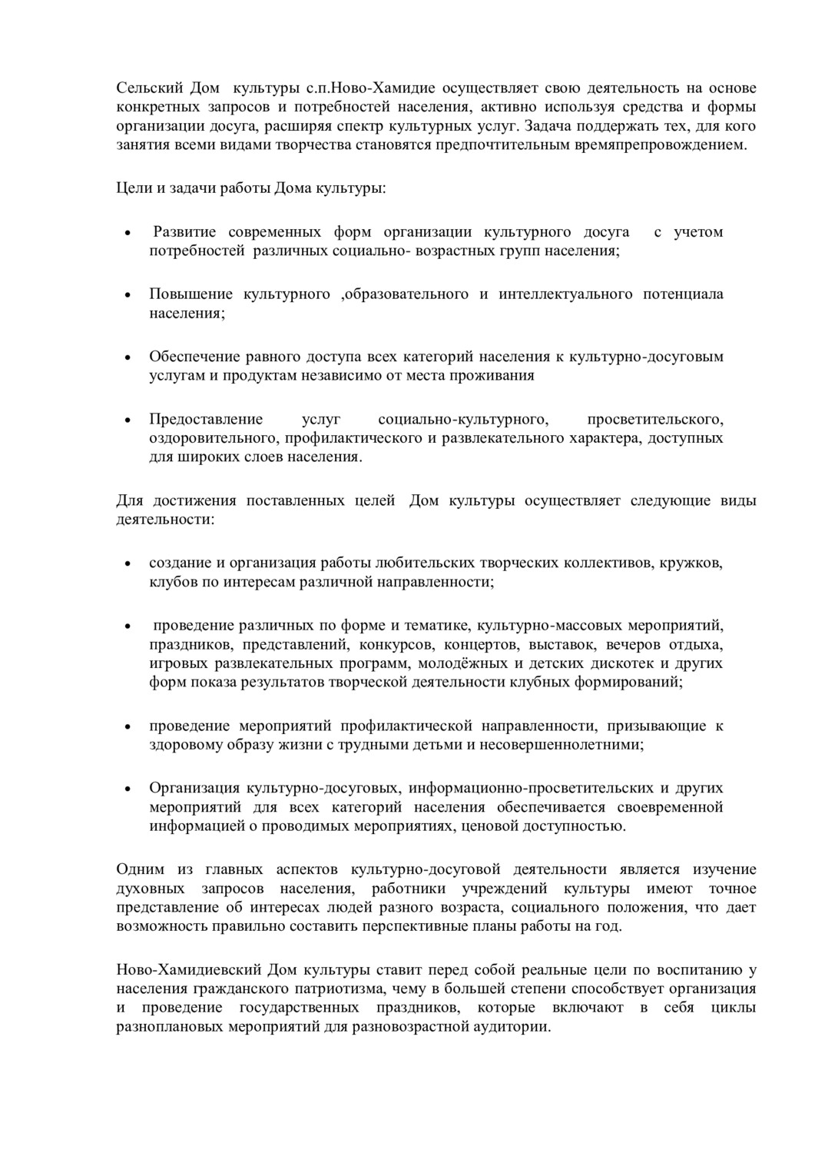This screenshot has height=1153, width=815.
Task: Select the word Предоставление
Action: coord(206,419)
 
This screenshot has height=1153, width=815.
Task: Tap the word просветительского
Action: coord(654,419)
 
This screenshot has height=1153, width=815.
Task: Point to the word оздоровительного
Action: coord(213,438)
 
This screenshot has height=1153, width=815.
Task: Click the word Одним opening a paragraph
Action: coord(141,869)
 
